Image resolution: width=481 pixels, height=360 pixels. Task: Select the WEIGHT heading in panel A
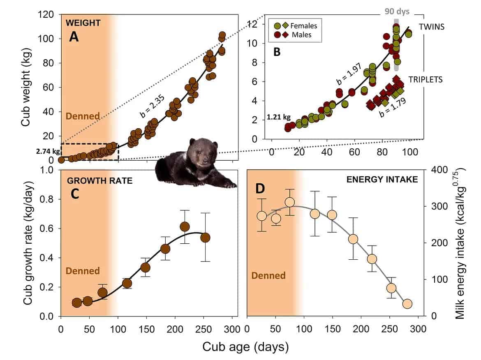pos(83,23)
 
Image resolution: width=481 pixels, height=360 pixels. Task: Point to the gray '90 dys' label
pos(397,12)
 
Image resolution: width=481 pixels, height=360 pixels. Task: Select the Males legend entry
pos(301,35)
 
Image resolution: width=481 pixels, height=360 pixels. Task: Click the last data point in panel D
pos(407,304)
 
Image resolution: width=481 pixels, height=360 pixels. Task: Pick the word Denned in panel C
pos(83,271)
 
